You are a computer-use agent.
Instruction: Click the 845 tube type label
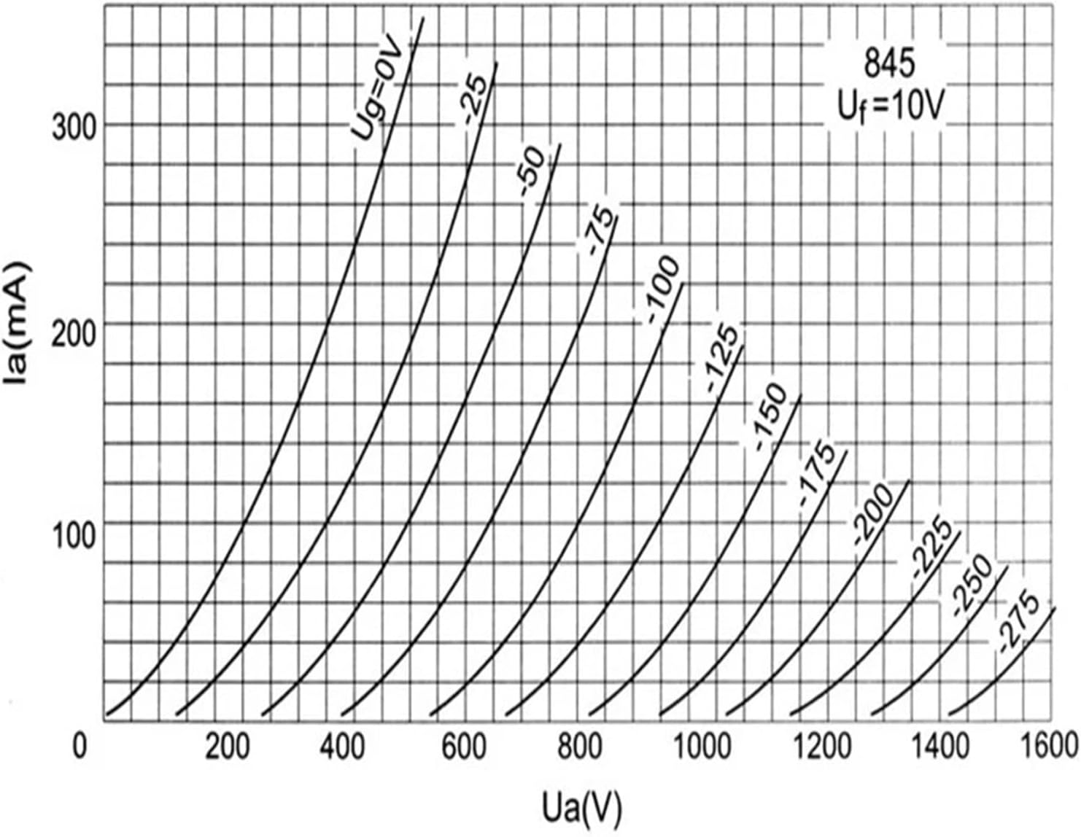[x=888, y=66]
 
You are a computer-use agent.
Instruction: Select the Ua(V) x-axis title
[x=583, y=806]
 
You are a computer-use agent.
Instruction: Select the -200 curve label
[x=872, y=515]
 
